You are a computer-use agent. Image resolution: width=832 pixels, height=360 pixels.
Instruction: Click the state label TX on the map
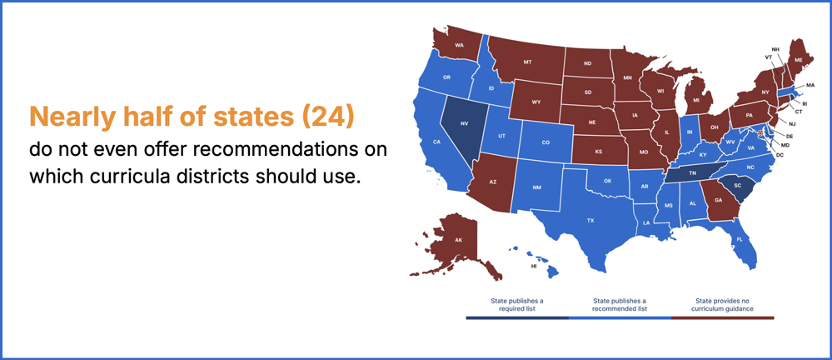pyautogui.click(x=590, y=220)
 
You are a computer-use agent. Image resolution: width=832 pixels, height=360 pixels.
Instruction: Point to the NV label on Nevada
pyautogui.click(x=464, y=123)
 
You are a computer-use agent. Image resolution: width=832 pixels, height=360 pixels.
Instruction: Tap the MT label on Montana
pyautogui.click(x=527, y=62)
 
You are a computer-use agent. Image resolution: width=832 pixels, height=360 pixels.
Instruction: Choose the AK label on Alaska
pyautogui.click(x=458, y=240)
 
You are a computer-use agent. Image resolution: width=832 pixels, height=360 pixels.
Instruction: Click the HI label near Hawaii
pyautogui.click(x=534, y=266)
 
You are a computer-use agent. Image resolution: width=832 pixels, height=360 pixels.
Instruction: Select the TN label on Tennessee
pyautogui.click(x=692, y=173)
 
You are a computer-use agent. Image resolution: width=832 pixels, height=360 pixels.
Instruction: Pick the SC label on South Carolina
pyautogui.click(x=738, y=185)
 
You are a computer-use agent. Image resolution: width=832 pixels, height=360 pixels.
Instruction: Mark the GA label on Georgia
pyautogui.click(x=719, y=200)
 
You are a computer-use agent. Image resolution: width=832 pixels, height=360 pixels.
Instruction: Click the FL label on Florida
pyautogui.click(x=740, y=239)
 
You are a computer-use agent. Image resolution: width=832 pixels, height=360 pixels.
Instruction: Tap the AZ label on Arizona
pyautogui.click(x=493, y=182)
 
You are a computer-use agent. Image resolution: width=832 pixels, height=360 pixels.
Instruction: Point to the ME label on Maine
pyautogui.click(x=799, y=60)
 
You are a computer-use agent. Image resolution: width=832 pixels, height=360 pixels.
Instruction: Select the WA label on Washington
pyautogui.click(x=460, y=44)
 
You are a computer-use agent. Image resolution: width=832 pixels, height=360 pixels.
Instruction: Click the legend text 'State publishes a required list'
pyautogui.click(x=517, y=304)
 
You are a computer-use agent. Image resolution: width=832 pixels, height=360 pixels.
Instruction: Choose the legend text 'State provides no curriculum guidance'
pyautogui.click(x=722, y=304)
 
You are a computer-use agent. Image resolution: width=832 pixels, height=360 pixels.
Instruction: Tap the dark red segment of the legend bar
pyautogui.click(x=723, y=317)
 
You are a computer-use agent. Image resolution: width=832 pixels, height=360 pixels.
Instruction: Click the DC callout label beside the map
pyautogui.click(x=780, y=154)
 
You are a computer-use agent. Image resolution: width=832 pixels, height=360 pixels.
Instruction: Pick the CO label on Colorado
pyautogui.click(x=546, y=142)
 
